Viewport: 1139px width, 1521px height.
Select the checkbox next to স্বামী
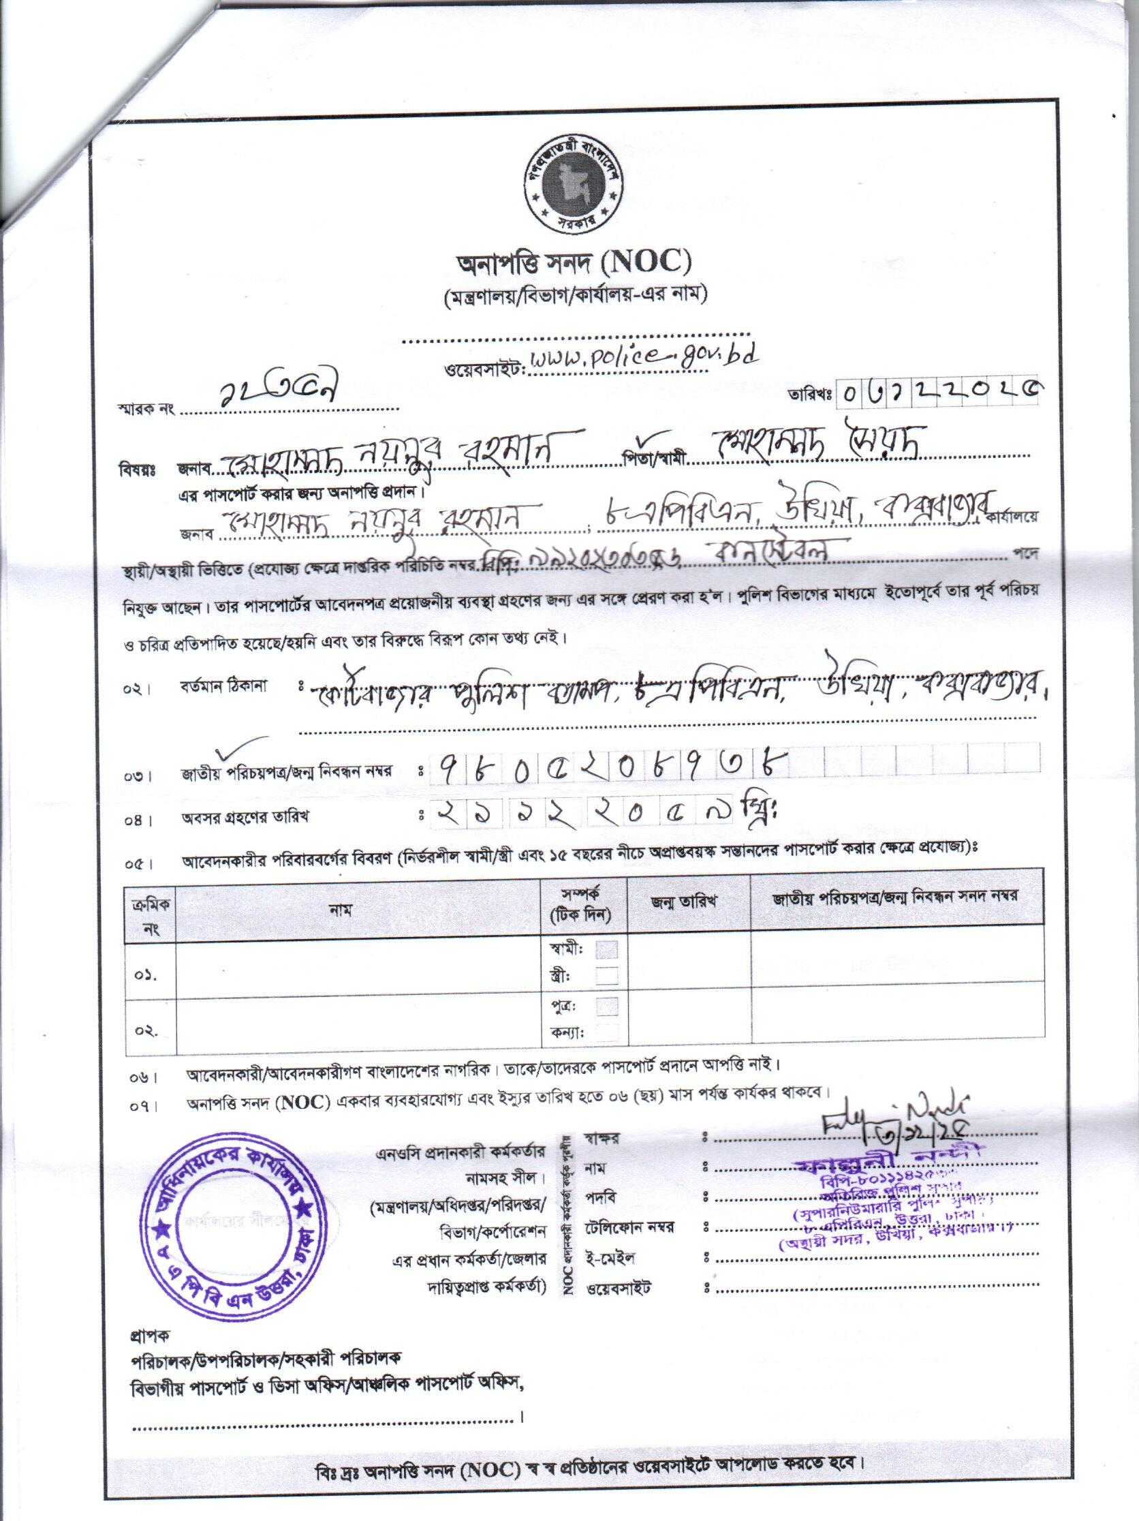click(607, 949)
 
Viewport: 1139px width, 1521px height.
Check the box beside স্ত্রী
click(607, 976)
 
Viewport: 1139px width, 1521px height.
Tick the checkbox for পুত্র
click(607, 1007)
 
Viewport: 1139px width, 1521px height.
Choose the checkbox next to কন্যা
click(607, 1032)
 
